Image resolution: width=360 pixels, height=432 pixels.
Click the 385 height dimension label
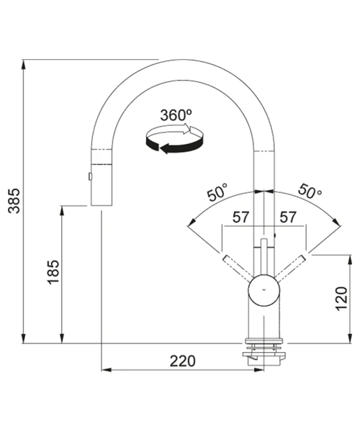(x=14, y=201)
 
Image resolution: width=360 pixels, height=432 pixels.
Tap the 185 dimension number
(x=53, y=272)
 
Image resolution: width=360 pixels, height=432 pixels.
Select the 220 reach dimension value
(x=182, y=361)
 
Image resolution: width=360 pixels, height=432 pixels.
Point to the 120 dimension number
(x=341, y=298)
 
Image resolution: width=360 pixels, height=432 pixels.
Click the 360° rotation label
(x=176, y=115)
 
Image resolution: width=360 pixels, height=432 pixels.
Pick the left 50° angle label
(x=218, y=192)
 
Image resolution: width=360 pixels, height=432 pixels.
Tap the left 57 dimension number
(x=240, y=217)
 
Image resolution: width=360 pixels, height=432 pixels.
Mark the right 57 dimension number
(x=288, y=217)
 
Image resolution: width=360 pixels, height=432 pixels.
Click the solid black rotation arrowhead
(x=165, y=148)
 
